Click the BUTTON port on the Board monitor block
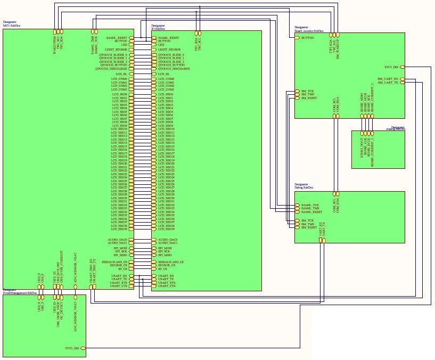point(307,38)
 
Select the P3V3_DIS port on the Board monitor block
point(391,67)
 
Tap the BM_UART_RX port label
point(388,79)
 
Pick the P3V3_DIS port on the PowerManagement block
point(72,348)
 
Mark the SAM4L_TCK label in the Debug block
point(310,205)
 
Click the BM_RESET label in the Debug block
point(308,227)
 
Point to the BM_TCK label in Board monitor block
point(307,91)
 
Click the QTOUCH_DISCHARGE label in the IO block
point(174,69)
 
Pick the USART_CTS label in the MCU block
point(118,286)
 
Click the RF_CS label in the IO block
point(162,269)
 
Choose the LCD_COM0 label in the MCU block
point(119,79)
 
